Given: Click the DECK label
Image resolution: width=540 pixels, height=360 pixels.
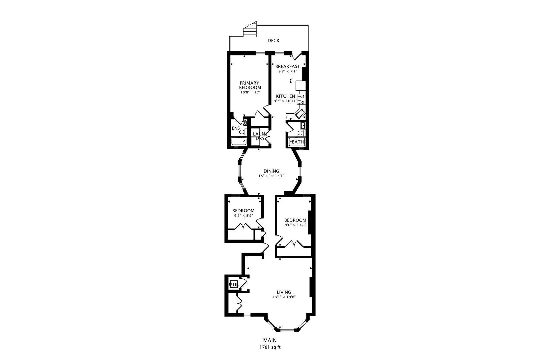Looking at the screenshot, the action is point(273,41).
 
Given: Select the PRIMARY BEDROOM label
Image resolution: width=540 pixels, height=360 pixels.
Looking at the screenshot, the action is point(250,85).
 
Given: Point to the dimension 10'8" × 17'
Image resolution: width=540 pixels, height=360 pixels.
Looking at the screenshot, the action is point(250,92).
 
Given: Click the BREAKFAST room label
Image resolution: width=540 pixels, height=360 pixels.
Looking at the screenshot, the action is point(288,66).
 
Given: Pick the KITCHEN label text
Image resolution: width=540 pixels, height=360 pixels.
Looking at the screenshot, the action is point(285,96).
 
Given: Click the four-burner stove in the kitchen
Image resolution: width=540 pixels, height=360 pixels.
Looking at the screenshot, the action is point(301,99).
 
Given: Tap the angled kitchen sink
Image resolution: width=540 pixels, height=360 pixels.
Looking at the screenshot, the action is point(300,114).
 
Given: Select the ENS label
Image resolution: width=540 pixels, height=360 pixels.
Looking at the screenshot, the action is point(236,128).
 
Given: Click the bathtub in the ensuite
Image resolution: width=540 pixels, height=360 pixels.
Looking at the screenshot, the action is point(239,142).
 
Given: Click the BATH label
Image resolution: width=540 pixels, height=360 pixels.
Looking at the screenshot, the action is point(298,142).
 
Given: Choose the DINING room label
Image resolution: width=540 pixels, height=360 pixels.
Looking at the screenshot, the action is point(271,171).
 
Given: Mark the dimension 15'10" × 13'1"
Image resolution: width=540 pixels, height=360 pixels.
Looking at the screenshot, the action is point(271,176).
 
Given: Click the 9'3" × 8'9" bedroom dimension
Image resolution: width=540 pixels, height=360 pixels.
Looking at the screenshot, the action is point(243,216).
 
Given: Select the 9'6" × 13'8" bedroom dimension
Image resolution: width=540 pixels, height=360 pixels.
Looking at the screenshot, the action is point(295,225).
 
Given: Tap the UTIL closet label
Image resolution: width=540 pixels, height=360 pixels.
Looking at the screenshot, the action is point(234,285).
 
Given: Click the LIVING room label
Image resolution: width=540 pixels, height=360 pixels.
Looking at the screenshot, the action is point(284,292).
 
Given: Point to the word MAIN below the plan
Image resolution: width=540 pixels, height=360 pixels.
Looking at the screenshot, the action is point(270,340).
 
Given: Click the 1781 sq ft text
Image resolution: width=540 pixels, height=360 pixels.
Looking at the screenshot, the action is point(270,347).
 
